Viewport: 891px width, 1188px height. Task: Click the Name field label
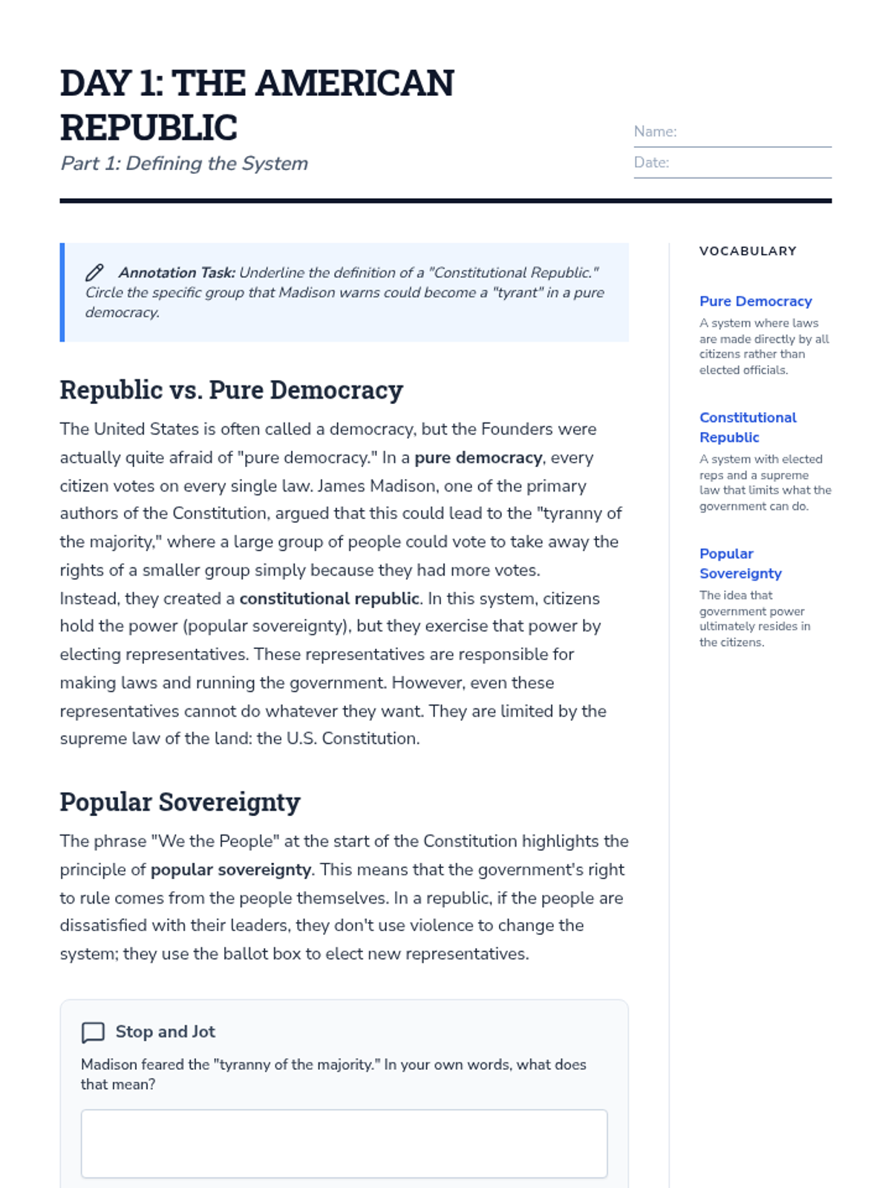coord(655,131)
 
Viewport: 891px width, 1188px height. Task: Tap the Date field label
coord(651,163)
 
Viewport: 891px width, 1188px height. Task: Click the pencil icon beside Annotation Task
coord(94,273)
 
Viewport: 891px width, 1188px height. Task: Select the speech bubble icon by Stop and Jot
coord(93,1032)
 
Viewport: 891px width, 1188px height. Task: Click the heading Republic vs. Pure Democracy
coord(231,390)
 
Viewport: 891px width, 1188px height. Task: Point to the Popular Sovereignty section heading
coord(180,802)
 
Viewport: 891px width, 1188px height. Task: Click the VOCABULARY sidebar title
coord(748,251)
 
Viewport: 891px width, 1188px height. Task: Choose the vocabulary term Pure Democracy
coord(755,301)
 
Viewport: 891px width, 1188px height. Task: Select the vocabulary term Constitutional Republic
coord(747,428)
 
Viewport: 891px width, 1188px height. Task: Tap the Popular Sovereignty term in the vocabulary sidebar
coord(740,564)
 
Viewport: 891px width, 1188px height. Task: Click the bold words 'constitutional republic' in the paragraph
coord(330,598)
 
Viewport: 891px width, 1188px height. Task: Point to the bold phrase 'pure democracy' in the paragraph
coord(478,457)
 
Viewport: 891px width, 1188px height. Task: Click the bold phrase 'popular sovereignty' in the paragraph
coord(230,869)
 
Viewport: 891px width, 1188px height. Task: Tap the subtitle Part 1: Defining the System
coord(184,163)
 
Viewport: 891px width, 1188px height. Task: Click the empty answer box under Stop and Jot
coord(344,1143)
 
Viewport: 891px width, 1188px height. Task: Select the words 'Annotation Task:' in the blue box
coord(177,273)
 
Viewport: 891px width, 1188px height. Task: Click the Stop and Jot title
coord(165,1032)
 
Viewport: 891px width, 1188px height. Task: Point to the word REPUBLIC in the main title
coord(148,128)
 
